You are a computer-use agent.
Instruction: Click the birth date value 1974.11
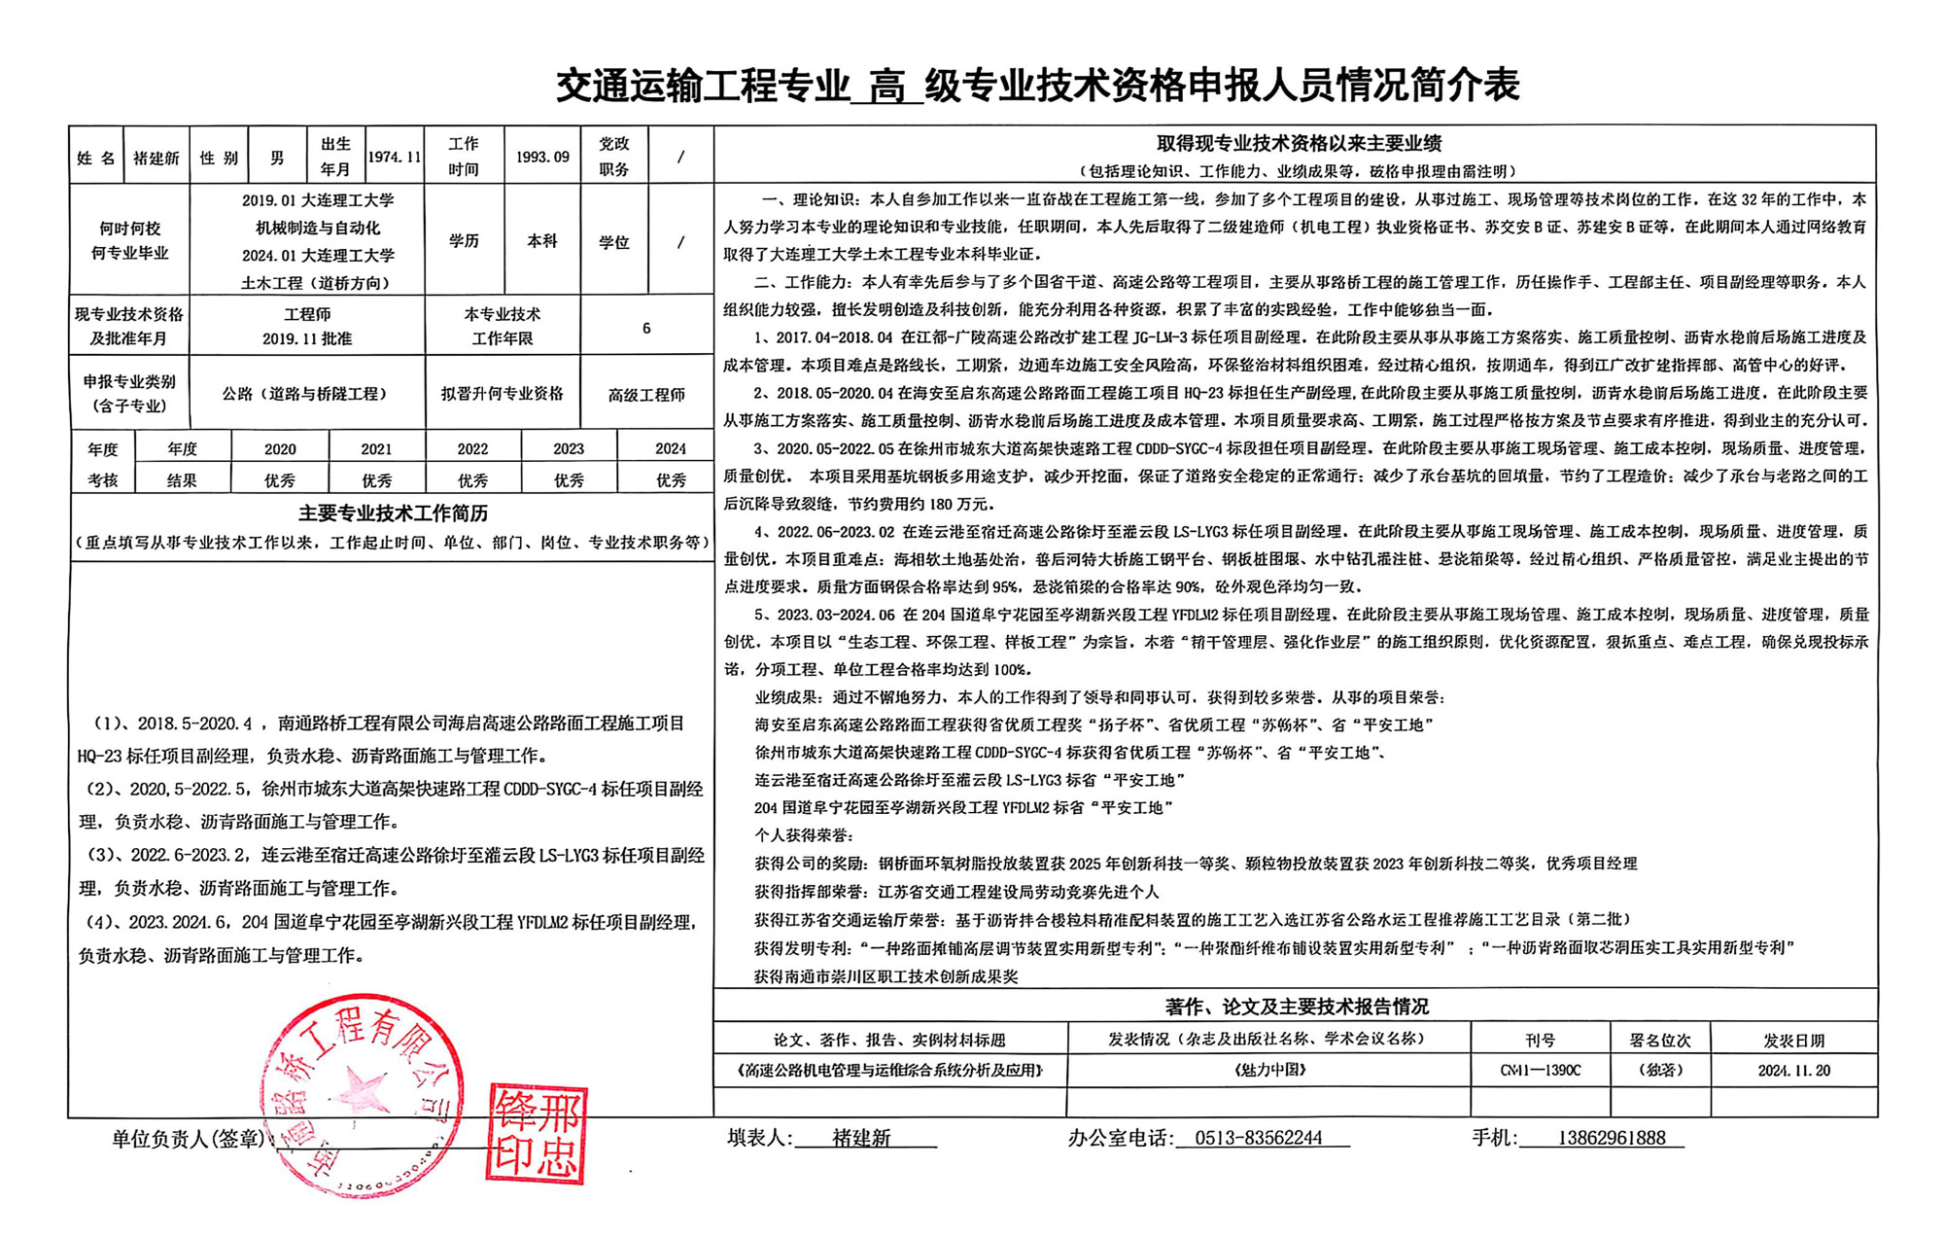point(394,157)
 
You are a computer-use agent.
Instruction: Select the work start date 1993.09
point(542,157)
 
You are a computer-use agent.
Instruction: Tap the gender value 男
point(277,157)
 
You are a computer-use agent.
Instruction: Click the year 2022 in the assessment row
point(472,448)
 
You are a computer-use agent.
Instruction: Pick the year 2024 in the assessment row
point(670,448)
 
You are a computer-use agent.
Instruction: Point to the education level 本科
point(542,240)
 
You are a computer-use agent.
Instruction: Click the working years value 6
point(646,328)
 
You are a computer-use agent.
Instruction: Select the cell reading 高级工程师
point(646,394)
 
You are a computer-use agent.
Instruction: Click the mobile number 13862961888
point(1612,1138)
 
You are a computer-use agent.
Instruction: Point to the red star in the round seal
point(364,1088)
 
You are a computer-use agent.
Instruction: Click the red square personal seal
point(537,1133)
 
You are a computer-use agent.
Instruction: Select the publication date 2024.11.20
point(1793,1070)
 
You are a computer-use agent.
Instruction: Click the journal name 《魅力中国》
point(1268,1070)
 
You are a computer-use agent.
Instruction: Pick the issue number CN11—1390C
point(1540,1070)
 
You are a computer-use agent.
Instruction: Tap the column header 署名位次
point(1660,1040)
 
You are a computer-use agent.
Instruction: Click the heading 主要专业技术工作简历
point(393,513)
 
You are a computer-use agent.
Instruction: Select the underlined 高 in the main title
point(886,87)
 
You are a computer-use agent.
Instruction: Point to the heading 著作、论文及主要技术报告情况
point(1297,1006)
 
